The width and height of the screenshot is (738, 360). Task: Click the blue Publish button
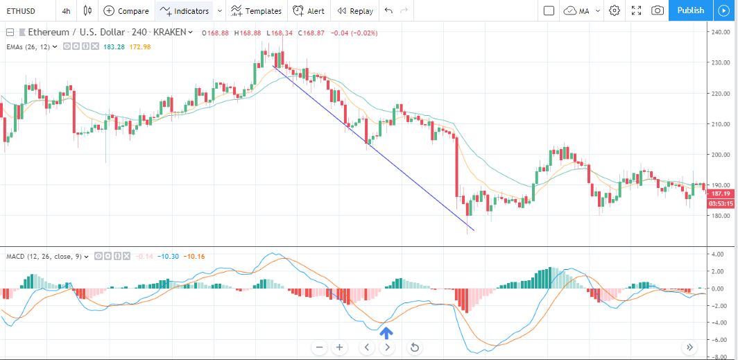click(x=691, y=10)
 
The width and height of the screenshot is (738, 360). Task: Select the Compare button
click(x=126, y=11)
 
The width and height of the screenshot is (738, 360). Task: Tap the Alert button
click(x=308, y=11)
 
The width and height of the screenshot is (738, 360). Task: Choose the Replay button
click(x=355, y=11)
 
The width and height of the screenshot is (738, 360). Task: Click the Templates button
click(x=256, y=11)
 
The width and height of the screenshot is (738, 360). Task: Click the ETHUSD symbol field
click(x=21, y=11)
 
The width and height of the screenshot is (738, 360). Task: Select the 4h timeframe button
click(x=66, y=11)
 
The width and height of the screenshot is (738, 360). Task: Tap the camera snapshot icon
click(x=658, y=10)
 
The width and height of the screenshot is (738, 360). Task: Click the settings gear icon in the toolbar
click(x=615, y=10)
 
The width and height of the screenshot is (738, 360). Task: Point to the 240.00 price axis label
click(x=722, y=32)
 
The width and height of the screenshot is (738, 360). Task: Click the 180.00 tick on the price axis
click(x=722, y=216)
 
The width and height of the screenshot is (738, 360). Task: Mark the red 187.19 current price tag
click(x=720, y=194)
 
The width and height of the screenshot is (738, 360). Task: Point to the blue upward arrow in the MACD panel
click(x=386, y=333)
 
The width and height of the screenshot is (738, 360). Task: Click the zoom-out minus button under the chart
click(x=320, y=348)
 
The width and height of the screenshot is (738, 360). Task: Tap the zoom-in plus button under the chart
click(x=339, y=348)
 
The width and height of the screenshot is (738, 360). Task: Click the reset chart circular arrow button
click(x=415, y=348)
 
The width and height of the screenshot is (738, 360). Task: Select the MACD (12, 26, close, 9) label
click(x=44, y=257)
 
